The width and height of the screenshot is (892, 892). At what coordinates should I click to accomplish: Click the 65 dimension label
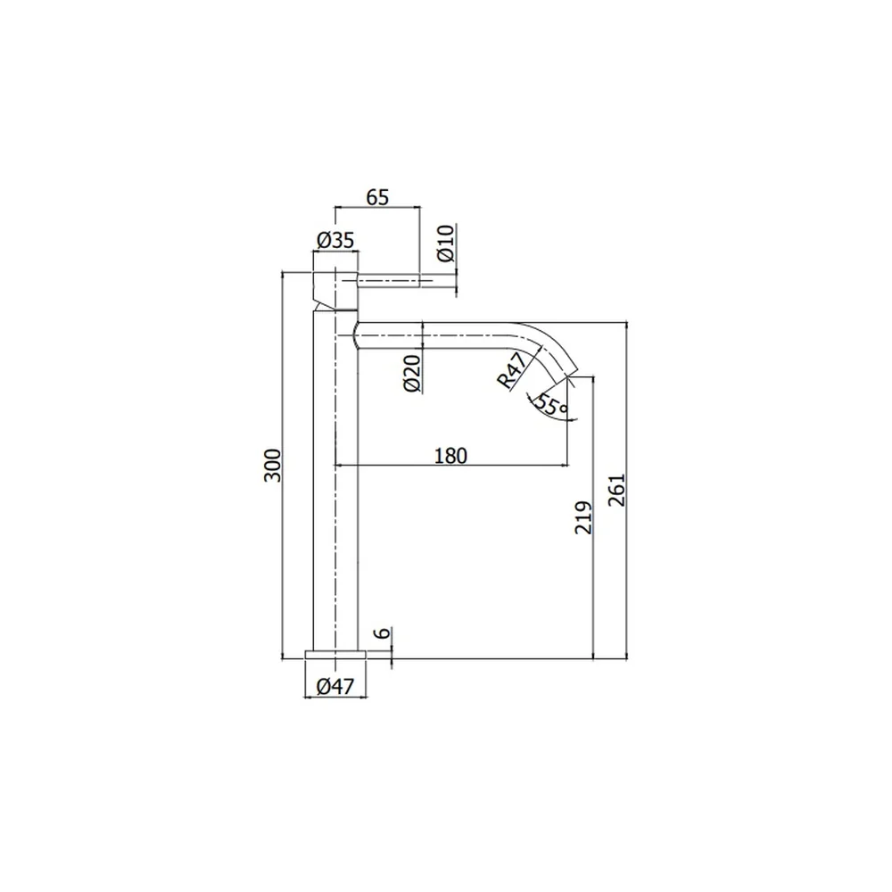377,197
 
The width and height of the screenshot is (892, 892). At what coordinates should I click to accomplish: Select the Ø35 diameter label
335,240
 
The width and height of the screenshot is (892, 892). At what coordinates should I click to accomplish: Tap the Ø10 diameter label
447,244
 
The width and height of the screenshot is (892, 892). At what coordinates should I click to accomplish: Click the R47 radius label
512,370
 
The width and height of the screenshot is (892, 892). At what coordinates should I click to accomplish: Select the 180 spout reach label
450,456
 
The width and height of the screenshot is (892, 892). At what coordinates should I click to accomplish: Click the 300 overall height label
272,466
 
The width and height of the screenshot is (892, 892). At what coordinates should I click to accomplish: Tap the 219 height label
583,517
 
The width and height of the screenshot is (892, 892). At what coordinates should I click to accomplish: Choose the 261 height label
616,490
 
